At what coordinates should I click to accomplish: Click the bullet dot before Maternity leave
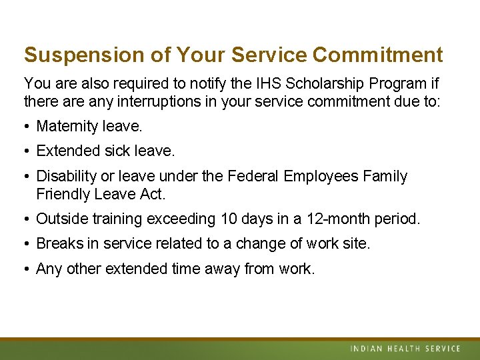[27, 126]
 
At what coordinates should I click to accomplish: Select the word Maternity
[67, 126]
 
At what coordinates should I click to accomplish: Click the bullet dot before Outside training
[27, 219]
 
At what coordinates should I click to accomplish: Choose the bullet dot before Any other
[27, 269]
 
